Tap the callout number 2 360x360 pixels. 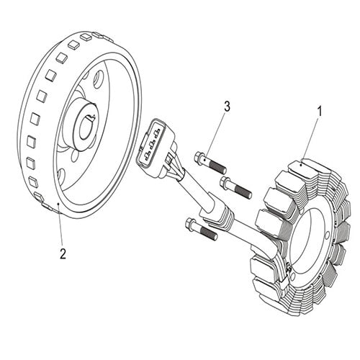pos(63,253)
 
